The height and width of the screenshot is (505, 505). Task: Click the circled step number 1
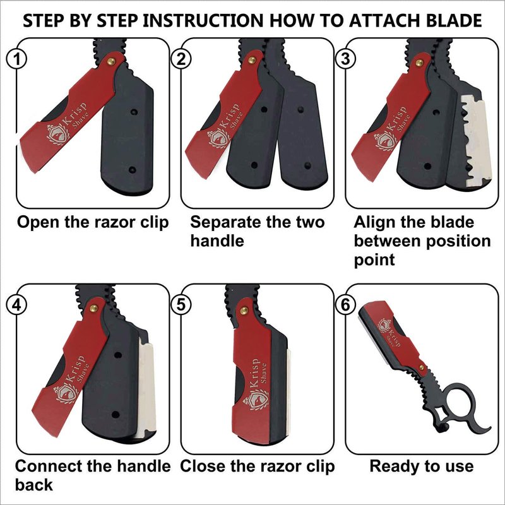(17, 59)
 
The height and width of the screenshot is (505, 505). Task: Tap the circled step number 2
(181, 59)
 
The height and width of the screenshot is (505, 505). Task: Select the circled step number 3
(345, 59)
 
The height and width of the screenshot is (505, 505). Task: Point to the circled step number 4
(17, 304)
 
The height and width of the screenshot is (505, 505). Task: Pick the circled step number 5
(181, 304)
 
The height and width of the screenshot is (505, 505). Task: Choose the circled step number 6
(345, 304)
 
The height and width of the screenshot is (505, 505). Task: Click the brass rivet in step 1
(111, 61)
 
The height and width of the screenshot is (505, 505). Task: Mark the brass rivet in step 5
(244, 311)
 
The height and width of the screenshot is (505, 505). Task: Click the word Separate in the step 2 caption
(225, 222)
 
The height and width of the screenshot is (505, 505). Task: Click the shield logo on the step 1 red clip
(58, 134)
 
